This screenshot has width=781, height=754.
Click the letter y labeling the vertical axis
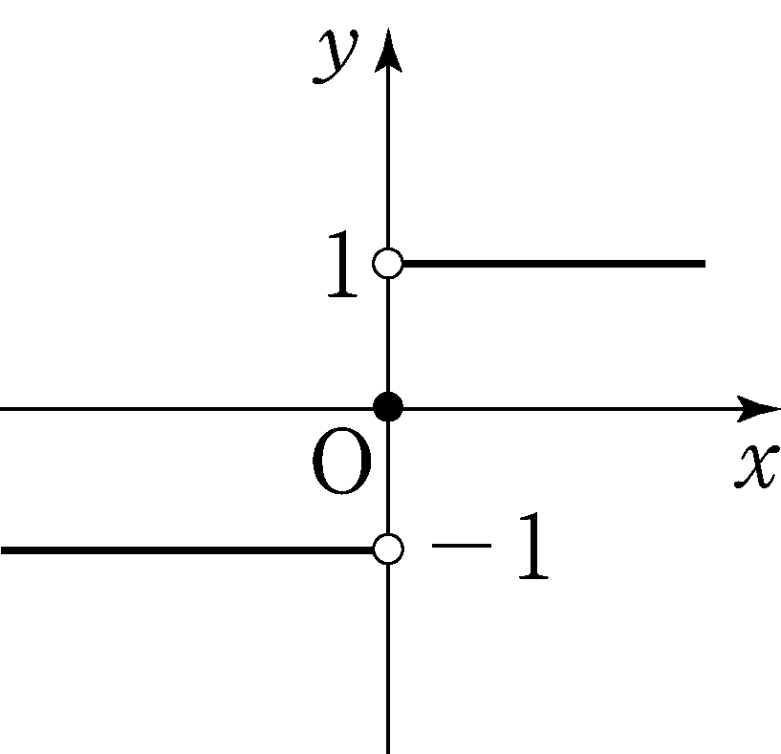point(335,55)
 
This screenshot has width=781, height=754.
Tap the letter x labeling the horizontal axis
point(756,465)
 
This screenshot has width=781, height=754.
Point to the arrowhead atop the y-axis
point(388,50)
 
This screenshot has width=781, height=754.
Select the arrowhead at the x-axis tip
point(758,409)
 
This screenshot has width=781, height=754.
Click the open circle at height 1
point(388,263)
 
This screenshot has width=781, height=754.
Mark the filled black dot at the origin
point(388,406)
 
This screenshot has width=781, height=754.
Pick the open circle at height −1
point(388,549)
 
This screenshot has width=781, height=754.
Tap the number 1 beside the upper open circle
point(342,264)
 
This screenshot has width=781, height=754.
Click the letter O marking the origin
point(342,462)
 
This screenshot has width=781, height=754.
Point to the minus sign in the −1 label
point(462,546)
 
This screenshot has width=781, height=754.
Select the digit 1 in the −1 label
point(534,546)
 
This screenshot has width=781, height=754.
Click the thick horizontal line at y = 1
point(554,264)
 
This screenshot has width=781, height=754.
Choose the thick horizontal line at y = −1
point(186,550)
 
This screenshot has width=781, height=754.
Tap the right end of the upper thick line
point(705,264)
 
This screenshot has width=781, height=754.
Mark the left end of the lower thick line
point(2,550)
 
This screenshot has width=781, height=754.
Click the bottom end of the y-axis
point(388,752)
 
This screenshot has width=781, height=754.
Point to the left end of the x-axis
point(2,409)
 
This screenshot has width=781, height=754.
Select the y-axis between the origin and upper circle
point(388,334)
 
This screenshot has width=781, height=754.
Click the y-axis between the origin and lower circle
point(388,478)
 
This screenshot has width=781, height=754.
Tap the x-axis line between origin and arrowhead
point(571,409)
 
